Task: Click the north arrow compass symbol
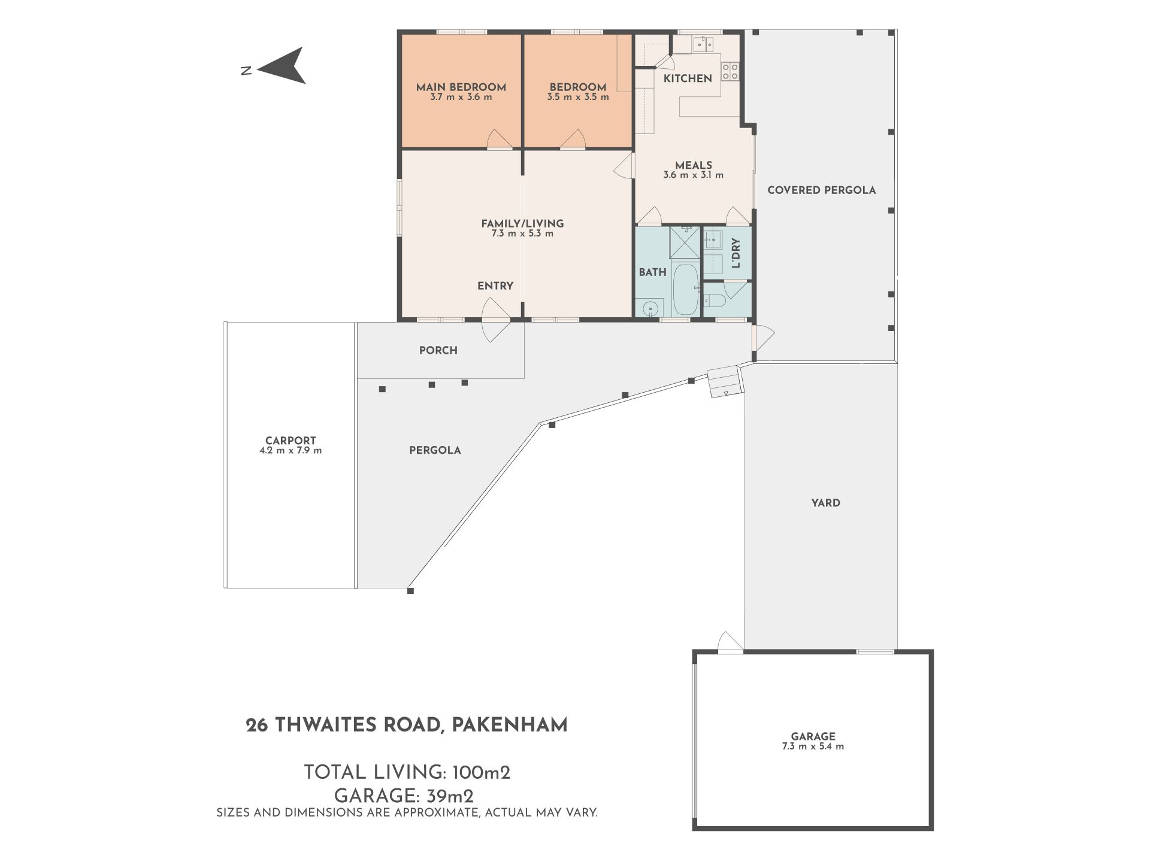click(x=282, y=66)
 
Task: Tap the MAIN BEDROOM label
click(x=461, y=87)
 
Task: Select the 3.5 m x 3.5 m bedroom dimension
click(x=578, y=97)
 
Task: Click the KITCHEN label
click(x=688, y=78)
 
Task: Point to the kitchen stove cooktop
click(x=730, y=71)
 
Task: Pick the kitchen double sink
click(x=701, y=43)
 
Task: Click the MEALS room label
click(x=694, y=165)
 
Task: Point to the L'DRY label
click(x=736, y=253)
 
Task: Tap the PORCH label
click(x=438, y=350)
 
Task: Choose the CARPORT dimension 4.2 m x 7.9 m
click(x=290, y=450)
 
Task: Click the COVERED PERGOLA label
click(x=822, y=190)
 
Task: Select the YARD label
click(x=826, y=503)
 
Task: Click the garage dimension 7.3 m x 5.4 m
click(x=813, y=746)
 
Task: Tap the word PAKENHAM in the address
click(x=509, y=725)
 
